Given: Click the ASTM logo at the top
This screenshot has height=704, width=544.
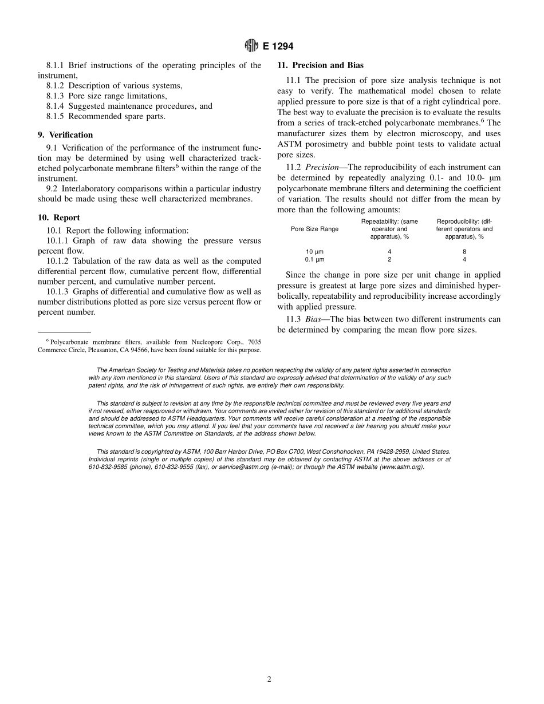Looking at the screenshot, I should click(x=251, y=46).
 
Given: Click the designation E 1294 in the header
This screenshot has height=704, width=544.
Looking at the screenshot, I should click(x=278, y=46).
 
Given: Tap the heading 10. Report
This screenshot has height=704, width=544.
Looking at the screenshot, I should click(x=59, y=217).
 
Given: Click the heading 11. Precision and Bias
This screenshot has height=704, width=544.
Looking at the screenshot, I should click(x=320, y=65).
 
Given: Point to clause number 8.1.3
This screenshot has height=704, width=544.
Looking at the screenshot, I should click(x=56, y=96).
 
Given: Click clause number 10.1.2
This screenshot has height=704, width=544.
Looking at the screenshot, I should click(x=58, y=261).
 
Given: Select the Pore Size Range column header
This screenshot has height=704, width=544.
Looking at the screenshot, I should click(x=314, y=229).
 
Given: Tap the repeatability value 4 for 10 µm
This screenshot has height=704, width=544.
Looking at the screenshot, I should click(x=389, y=251).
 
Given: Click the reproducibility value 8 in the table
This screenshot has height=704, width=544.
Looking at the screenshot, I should click(x=464, y=251).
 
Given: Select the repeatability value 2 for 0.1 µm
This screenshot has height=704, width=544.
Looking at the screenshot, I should click(x=389, y=259).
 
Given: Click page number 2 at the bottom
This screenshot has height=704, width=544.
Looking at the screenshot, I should click(x=269, y=679).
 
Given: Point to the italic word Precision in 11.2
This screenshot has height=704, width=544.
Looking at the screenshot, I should click(x=322, y=167).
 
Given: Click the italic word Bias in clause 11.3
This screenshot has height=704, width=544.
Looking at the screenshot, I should click(x=314, y=319).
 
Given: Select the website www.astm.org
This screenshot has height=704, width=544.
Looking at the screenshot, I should click(x=397, y=467).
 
